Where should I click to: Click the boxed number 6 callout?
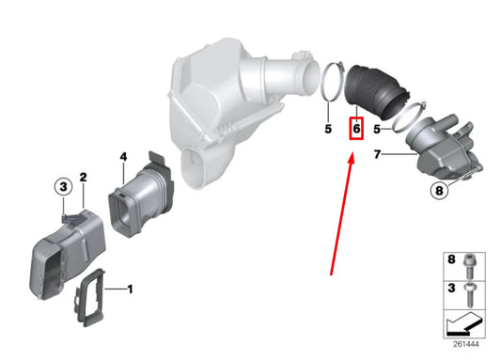coord(356,129)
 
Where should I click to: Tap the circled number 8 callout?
coord(440,191)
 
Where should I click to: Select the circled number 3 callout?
coord(63,186)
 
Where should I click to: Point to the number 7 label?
coord(377,154)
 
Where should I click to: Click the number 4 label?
coord(124,157)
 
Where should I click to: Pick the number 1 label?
coord(130,290)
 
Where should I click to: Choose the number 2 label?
coord(83,177)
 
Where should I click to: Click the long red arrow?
coord(342,214)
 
